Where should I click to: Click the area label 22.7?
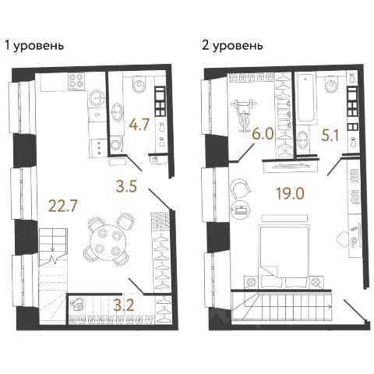pos(63,206)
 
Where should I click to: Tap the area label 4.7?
pos(139,125)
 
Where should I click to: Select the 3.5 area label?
pos(126,186)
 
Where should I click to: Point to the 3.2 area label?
pos(125,305)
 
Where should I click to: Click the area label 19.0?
pos(290,193)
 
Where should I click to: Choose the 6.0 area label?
pos(263,135)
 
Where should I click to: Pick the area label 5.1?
pos(330,135)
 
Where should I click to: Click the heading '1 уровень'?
pos(34,46)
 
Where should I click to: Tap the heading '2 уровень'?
pos(232,46)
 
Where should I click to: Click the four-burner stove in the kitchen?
pos(76,81)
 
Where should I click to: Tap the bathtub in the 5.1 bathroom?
pos(305,98)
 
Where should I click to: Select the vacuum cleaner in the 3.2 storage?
pos(77,306)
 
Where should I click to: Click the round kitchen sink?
pos(97,98)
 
